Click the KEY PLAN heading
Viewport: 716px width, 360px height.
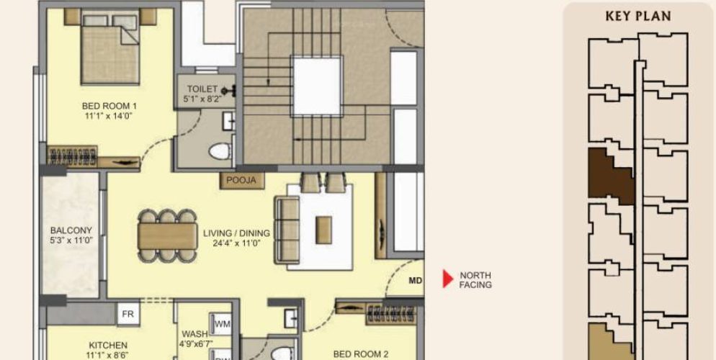pos(639,17)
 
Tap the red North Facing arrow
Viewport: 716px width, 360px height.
pos(447,279)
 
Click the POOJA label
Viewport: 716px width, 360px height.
pos(242,180)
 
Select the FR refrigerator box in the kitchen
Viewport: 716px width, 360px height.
pos(128,314)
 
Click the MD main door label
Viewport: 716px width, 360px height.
pos(414,280)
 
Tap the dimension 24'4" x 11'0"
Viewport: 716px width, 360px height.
pos(236,243)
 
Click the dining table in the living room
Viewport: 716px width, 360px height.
pos(167,235)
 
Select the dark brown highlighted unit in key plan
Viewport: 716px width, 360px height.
pos(609,174)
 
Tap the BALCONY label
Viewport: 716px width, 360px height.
pos(71,230)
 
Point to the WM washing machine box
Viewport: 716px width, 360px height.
pos(222,324)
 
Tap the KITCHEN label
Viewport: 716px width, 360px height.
pos(108,346)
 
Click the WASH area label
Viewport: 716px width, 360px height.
pos(194,334)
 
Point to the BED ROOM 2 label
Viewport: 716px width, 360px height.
pos(361,354)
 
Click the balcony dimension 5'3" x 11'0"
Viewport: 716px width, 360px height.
pos(71,240)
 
